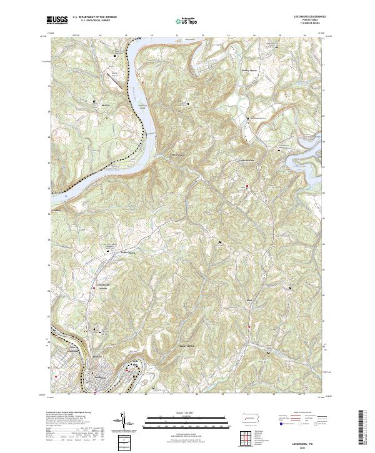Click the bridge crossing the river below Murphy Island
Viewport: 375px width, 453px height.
[151, 133]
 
